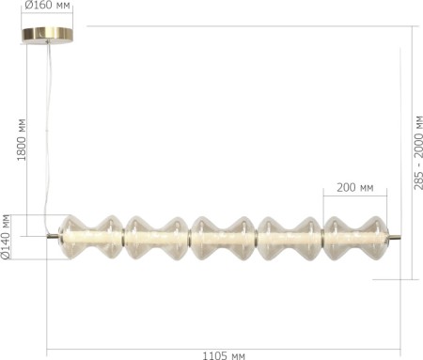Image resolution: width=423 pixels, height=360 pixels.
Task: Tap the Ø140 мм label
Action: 7,237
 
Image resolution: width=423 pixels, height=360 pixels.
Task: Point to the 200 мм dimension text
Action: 353,188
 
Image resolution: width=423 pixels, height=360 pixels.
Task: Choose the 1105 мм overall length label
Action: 224,354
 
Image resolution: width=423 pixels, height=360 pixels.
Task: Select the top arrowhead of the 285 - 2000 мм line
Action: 412,28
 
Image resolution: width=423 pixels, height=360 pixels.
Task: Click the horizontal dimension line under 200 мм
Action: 355,197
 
